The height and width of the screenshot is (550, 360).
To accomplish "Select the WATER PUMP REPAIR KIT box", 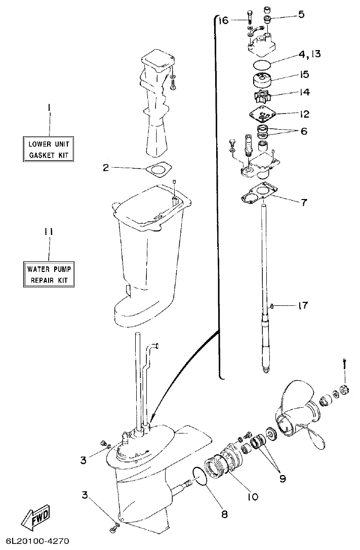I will (x=48, y=274).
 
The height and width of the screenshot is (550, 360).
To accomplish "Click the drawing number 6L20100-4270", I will (x=38, y=541).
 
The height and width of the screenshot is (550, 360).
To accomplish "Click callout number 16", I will (x=223, y=20).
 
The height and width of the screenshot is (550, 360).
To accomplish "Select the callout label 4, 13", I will (x=309, y=54).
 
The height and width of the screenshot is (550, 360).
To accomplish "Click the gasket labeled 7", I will (x=259, y=193).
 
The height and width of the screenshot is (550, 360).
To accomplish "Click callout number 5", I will (x=301, y=14).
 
